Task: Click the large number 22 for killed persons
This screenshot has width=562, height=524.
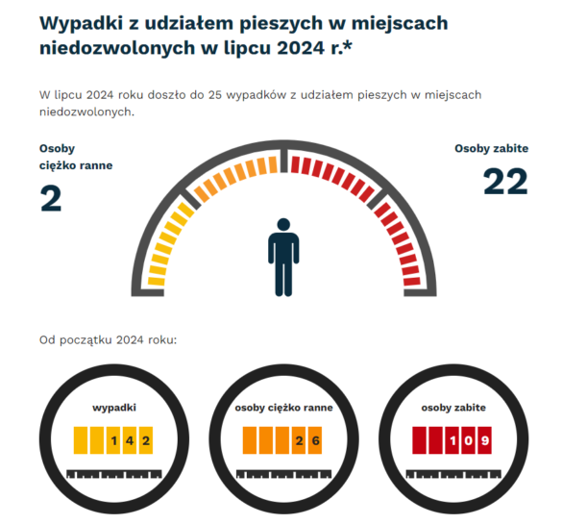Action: (504, 183)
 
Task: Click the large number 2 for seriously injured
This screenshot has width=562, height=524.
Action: (51, 199)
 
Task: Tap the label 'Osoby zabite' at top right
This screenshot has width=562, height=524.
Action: (491, 149)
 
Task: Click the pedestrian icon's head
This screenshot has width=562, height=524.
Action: (283, 225)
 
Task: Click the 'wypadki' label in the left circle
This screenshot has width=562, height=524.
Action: (113, 408)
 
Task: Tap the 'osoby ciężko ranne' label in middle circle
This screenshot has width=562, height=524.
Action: (283, 408)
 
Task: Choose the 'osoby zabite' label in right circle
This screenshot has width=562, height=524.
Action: (452, 408)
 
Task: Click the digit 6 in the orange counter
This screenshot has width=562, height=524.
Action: (315, 441)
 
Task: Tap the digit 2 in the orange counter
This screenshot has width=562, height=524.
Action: (300, 441)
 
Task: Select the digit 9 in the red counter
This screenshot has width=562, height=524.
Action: (484, 441)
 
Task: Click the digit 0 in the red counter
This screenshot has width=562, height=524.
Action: (469, 441)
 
